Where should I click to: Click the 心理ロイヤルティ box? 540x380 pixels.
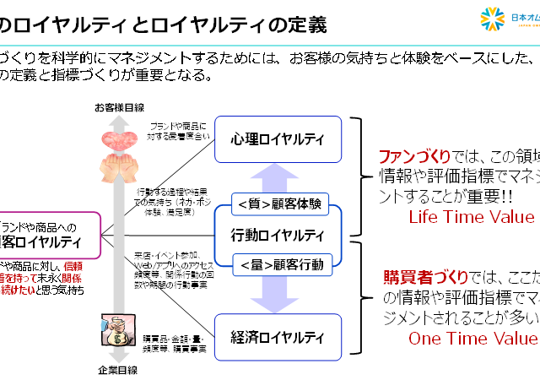[x=279, y=136]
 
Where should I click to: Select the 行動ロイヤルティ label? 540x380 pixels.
[x=278, y=234]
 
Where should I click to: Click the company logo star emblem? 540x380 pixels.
[x=493, y=19]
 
